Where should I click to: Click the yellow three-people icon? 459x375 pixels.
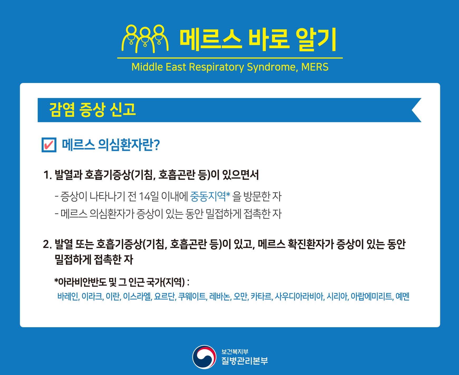145,39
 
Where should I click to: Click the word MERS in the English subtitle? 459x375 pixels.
315,67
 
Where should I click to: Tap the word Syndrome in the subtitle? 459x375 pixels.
273,67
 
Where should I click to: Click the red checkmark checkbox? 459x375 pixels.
49,145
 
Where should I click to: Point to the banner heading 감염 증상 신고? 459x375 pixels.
93,110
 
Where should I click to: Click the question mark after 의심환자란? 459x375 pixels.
157,145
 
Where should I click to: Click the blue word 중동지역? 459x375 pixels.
208,196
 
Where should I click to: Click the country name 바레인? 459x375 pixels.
68,297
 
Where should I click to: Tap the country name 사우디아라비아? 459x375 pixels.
299,297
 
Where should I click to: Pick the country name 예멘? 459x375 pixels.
402,297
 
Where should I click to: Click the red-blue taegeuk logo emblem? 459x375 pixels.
204,357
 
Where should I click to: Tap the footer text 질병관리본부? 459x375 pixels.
245,361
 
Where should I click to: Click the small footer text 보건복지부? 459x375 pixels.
235,351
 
